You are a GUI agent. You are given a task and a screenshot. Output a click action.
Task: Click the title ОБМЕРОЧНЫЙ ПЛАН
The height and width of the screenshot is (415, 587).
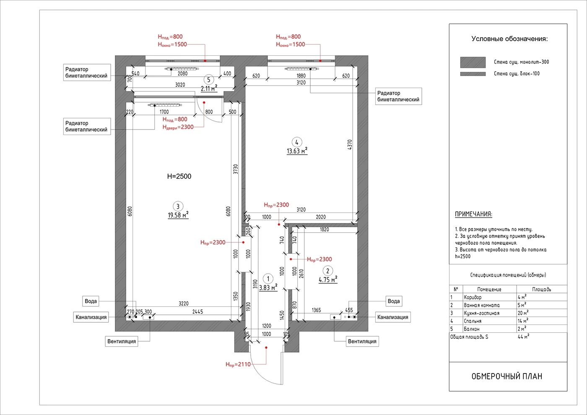coord(507,376)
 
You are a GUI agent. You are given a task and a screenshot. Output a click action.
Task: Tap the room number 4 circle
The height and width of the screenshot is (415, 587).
coord(297,142)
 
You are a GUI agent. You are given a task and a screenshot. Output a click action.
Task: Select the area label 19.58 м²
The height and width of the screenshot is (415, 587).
coord(178,215)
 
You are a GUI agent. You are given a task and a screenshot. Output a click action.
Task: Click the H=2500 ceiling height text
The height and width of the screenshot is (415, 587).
coord(179,176)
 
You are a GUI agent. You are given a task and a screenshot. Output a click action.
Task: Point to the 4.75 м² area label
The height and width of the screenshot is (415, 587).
coord(328,279)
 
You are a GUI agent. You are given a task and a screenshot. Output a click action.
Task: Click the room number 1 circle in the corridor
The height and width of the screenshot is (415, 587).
coord(268,279)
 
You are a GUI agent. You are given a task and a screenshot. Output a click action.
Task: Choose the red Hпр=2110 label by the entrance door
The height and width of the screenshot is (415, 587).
coord(238,364)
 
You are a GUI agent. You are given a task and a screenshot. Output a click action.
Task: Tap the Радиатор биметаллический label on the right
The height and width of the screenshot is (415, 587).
coord(398,96)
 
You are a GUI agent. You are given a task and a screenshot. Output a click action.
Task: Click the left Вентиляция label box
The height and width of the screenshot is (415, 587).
coord(122,341)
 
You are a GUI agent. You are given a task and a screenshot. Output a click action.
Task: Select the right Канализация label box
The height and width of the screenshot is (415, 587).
coord(393,317)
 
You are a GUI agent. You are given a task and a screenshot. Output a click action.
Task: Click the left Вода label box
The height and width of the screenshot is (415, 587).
coord(91,301)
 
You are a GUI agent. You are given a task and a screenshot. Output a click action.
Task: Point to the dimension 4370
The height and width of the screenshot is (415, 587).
coord(350,145)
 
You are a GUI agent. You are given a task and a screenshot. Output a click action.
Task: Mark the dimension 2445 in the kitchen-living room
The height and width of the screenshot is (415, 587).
coord(197,312)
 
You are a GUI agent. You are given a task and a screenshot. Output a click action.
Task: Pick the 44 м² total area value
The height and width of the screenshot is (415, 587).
coord(523,337)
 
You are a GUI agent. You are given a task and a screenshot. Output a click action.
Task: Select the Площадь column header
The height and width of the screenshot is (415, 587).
coord(541,289)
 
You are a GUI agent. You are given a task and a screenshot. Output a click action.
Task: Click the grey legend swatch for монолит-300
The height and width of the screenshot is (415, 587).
coord(473,62)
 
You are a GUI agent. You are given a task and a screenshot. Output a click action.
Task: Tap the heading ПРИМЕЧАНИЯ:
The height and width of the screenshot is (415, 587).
coord(473,214)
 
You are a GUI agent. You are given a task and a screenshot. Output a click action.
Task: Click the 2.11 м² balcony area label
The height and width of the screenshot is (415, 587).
coord(209,88)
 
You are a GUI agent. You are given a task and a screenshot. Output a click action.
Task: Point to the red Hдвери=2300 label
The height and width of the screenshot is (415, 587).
coord(178,127)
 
